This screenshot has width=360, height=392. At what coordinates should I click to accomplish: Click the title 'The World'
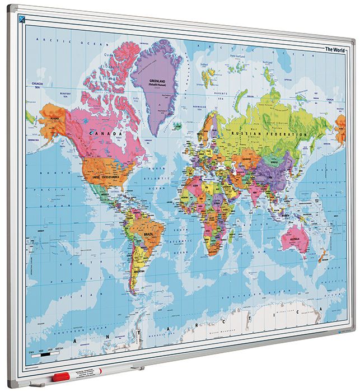point(336,49)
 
